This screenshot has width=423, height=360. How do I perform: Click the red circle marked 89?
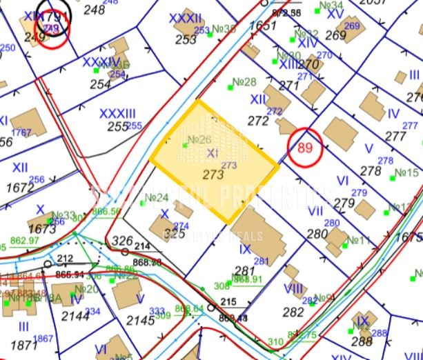pos(305,147)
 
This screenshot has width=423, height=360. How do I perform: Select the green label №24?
pos(158,199)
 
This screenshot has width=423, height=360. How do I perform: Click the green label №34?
pos(332,7)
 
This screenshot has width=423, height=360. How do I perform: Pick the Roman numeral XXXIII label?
pos(117,113)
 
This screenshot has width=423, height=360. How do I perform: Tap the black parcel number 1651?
pos(262,26)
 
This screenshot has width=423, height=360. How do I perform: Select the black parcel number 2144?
pos(75,316)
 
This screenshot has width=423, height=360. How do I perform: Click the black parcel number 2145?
pos(141,320)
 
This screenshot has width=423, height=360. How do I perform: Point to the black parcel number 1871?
pos(24,345)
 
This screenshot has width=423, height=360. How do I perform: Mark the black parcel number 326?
pos(122,241)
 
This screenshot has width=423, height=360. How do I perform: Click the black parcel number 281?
pos(246,270)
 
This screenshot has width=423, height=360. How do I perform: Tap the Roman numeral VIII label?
pos(293,288)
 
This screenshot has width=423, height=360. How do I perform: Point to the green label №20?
pos(87,289)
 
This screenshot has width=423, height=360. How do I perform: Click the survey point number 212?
pos(66,259)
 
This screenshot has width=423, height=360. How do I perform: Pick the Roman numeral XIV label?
pos(308,43)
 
